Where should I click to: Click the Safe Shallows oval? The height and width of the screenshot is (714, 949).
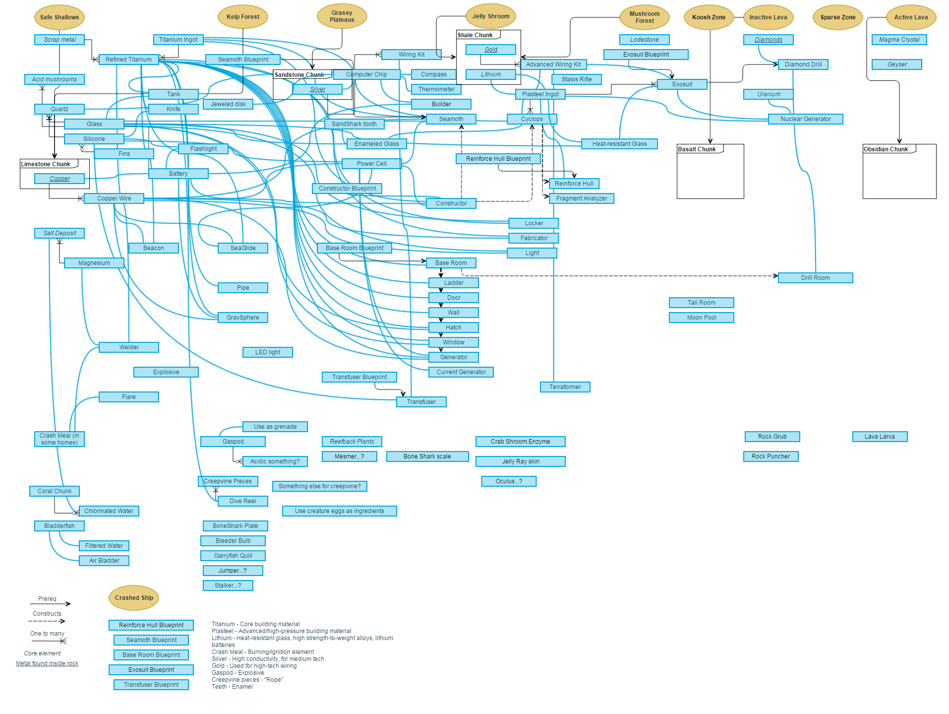pos(59,17)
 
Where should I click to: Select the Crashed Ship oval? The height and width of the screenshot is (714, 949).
pos(134,598)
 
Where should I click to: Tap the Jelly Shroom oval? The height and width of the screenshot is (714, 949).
pos(491,16)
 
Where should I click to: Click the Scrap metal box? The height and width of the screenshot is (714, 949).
pos(59,40)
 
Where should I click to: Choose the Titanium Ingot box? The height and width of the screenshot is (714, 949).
pos(178,40)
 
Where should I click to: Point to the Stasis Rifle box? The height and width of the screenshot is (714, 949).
pos(577,79)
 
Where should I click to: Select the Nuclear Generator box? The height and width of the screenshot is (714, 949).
pos(806,119)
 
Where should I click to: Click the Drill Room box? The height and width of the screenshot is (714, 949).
pos(815,278)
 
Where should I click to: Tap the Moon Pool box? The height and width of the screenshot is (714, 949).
pos(702,318)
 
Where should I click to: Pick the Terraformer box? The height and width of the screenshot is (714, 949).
pos(565,387)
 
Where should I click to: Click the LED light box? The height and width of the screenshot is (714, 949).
pos(268,352)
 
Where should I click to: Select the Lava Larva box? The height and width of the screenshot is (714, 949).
pos(880,437)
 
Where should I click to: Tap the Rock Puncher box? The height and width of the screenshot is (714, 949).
pos(771,456)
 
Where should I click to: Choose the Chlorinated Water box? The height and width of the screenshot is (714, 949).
pos(109,511)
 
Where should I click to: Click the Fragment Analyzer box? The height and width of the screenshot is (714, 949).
pos(582,198)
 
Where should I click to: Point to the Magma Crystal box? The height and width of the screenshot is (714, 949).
pos(899,40)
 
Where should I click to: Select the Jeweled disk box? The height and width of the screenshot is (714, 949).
pos(228,104)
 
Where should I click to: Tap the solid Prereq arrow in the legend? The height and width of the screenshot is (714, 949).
pos(50,604)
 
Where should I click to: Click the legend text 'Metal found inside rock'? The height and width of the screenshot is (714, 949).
pos(47,663)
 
